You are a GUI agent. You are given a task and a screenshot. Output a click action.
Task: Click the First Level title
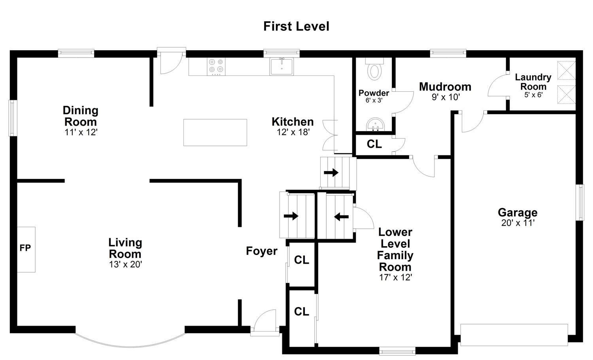coord(296,26)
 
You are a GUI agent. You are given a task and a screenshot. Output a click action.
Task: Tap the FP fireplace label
coord(25,248)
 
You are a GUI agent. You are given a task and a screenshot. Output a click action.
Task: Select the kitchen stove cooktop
coord(216,66)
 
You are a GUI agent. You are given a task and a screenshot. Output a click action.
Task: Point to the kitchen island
coord(215,132)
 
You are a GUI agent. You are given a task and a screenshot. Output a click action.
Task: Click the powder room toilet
coord(374,69)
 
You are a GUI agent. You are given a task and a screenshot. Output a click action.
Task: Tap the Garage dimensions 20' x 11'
coord(518,223)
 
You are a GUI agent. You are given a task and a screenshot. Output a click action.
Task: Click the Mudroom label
coord(445,87)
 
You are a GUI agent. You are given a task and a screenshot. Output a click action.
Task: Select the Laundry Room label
coord(533,82)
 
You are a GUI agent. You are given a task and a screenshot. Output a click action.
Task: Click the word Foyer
coord(262,251)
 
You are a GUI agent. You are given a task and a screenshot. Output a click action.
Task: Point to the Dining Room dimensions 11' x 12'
coord(81,132)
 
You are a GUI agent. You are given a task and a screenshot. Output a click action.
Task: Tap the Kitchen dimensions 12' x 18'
coord(293,132)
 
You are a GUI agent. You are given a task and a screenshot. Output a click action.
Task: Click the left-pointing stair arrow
coord(341,217)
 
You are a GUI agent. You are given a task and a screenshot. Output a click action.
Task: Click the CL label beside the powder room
coord(374,144)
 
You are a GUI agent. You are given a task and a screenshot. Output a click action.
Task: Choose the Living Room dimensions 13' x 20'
coord(126,264)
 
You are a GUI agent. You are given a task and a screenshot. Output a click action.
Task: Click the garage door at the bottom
coord(514,335)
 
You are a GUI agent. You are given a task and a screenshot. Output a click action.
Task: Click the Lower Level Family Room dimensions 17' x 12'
coord(395,277)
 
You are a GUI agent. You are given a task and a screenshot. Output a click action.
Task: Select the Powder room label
coord(374,93)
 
